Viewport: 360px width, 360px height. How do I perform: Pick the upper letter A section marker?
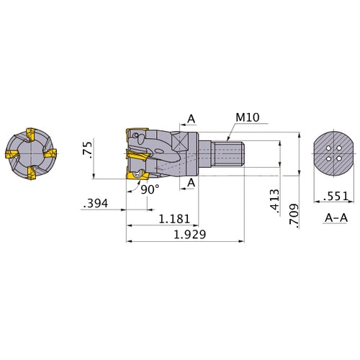point(191,119)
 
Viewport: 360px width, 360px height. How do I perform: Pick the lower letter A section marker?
point(191,184)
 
